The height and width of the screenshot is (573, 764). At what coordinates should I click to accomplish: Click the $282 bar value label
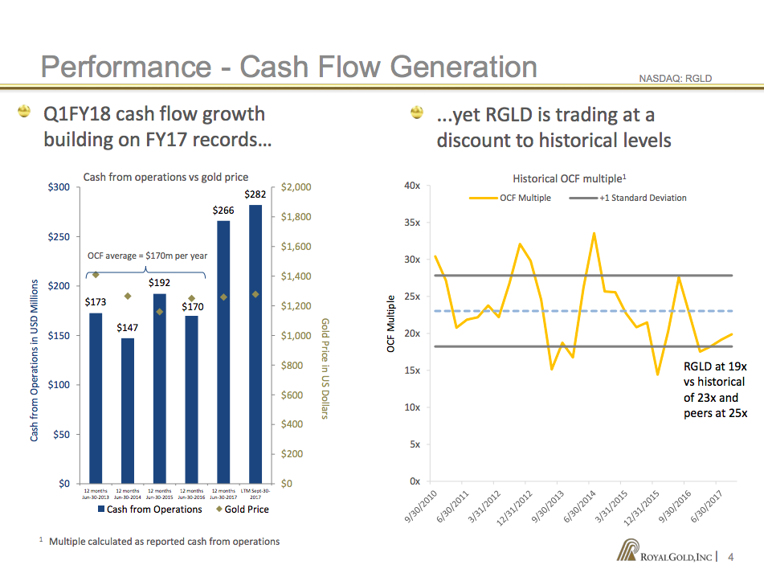pyautogui.click(x=255, y=194)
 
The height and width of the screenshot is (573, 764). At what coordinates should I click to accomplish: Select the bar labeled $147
pyautogui.click(x=128, y=410)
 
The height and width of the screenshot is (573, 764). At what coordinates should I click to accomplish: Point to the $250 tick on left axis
pyautogui.click(x=59, y=237)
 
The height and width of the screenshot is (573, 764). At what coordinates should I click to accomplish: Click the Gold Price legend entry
pyautogui.click(x=242, y=510)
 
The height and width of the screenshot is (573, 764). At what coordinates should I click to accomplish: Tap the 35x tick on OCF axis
pyautogui.click(x=411, y=223)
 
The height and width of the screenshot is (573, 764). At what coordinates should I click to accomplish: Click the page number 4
pyautogui.click(x=730, y=557)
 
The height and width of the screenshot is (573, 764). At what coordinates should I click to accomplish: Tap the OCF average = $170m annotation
pyautogui.click(x=147, y=256)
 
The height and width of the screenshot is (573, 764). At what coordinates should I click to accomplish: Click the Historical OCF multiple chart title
pyautogui.click(x=569, y=178)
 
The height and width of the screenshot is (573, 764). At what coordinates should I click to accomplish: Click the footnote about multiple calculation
pyautogui.click(x=164, y=542)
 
